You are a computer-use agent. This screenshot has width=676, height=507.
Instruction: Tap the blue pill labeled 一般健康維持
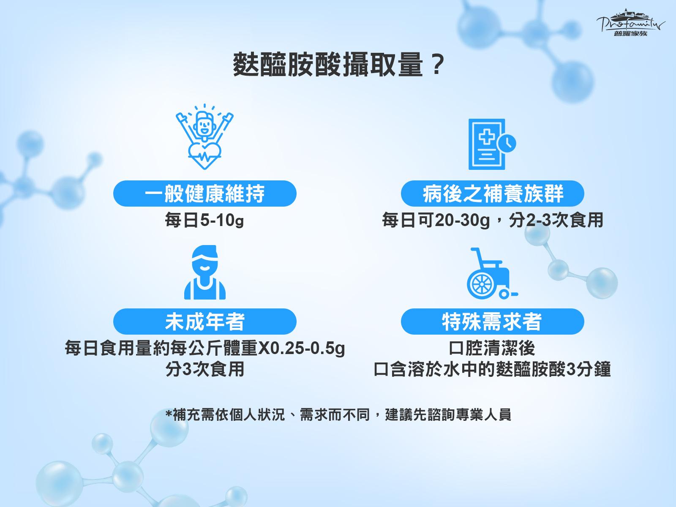(x=205, y=194)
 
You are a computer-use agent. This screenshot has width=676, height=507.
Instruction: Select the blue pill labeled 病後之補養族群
(x=493, y=194)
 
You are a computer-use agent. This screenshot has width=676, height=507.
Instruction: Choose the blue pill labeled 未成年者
(x=205, y=322)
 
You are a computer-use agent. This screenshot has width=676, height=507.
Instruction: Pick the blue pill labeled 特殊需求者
(x=493, y=322)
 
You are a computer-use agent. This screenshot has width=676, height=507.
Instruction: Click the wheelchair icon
(x=492, y=273)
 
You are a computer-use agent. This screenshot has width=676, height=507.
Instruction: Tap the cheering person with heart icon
(x=204, y=136)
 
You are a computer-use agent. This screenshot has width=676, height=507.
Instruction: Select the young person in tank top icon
(x=205, y=272)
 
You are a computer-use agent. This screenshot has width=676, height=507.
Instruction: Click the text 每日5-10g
(x=204, y=221)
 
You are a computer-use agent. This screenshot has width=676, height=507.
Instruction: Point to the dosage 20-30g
(x=463, y=221)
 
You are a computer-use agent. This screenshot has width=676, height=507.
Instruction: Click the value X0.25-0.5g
(x=301, y=349)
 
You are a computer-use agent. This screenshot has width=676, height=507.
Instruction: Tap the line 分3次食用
(x=205, y=369)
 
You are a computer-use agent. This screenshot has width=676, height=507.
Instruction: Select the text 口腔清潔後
(x=492, y=348)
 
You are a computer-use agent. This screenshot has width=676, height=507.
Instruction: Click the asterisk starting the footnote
(x=169, y=412)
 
